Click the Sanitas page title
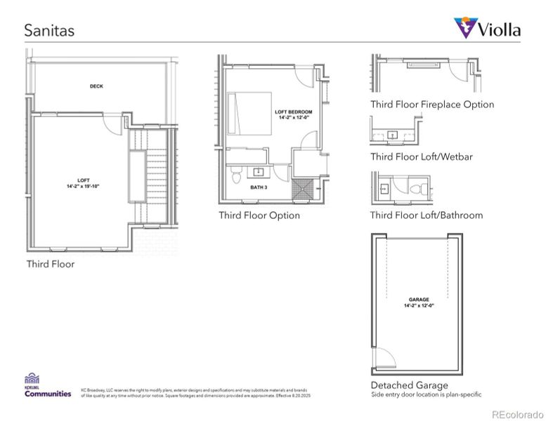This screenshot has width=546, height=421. [49, 30]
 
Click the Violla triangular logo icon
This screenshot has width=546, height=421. [464, 28]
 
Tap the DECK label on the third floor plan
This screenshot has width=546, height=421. [96, 86]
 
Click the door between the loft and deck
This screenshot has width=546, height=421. [112, 123]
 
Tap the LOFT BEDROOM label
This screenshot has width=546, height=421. [293, 115]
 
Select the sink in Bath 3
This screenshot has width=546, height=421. [258, 171]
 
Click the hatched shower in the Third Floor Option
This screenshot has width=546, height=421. [305, 189]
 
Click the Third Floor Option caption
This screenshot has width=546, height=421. [259, 215]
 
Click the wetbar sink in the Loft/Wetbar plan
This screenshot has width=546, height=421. [393, 134]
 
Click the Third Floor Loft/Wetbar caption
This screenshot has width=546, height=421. [422, 156]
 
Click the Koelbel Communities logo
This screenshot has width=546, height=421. [48, 386]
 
